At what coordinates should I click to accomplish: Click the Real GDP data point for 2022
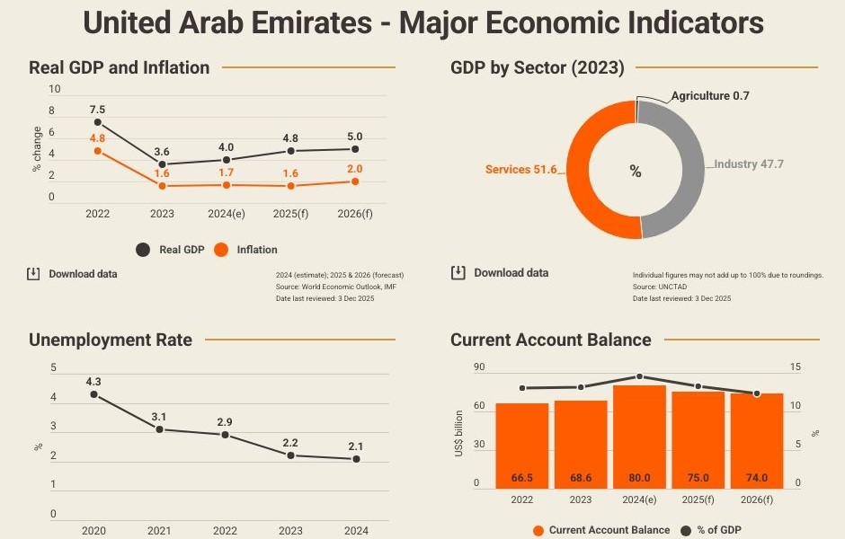click(x=98, y=122)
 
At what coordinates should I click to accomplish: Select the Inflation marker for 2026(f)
click(x=355, y=181)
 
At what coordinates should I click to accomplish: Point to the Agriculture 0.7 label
click(x=710, y=95)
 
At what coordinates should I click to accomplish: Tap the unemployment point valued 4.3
click(x=93, y=394)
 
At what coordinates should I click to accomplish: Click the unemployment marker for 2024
click(x=356, y=459)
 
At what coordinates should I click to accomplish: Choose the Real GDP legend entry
click(x=172, y=250)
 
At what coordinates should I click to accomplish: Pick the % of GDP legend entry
click(x=711, y=530)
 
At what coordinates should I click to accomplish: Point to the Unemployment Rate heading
click(x=111, y=340)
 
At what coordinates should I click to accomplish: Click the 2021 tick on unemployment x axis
click(x=159, y=531)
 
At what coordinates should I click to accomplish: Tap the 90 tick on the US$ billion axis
click(x=479, y=367)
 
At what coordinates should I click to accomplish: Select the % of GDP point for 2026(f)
click(x=757, y=393)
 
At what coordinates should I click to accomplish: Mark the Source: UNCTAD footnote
click(x=657, y=287)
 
